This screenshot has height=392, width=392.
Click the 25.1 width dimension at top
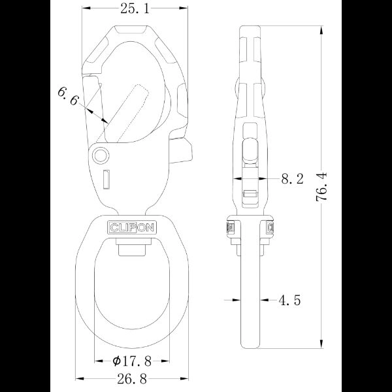coord(134,8)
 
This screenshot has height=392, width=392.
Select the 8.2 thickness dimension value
coord(291,180)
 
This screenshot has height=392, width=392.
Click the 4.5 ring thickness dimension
coord(289,301)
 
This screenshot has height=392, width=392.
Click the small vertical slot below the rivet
coord(105,178)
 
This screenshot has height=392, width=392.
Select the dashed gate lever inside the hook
coord(130,111)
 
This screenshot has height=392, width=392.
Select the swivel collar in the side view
coord(249,228)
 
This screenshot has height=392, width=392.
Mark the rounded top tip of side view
coord(250,29)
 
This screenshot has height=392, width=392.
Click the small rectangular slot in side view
coord(249,193)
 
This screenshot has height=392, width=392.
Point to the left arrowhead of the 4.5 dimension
coord(235,301)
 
